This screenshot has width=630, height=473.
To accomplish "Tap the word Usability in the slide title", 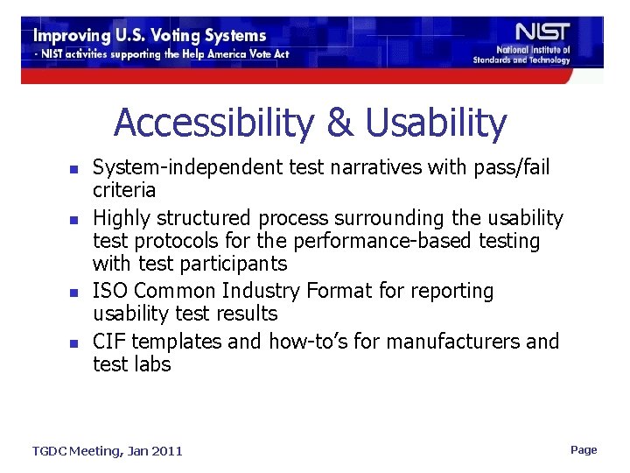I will pos(436,124).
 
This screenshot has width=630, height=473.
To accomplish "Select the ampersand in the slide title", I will pos(339,124).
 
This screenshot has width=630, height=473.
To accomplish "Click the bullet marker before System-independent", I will pos(75,168).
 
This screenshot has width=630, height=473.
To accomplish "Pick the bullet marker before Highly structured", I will pos(75,218).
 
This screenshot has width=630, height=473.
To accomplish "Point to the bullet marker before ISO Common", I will pos(75,292).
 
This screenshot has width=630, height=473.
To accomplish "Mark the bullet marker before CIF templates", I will pos(75,342).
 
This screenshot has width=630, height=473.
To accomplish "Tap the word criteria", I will pos(124,190).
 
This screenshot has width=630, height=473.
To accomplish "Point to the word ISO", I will pos(109,291).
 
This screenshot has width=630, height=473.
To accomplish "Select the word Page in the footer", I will pos(584,449).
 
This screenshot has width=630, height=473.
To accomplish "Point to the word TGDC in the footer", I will pos(50,451).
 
